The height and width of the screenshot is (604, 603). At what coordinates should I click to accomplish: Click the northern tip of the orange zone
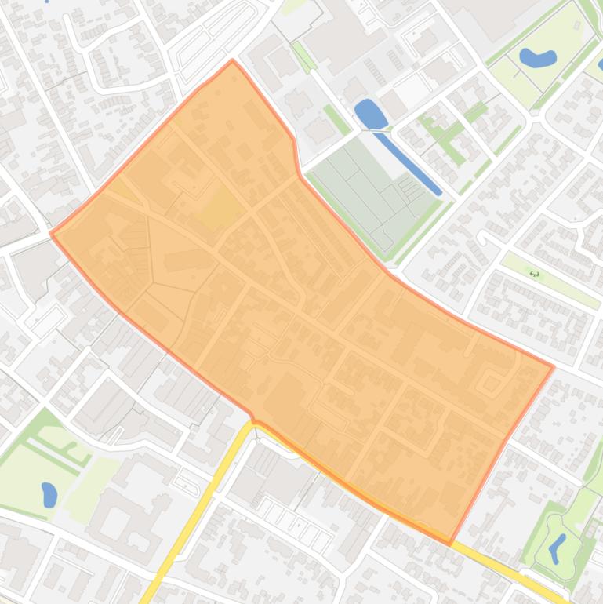[233, 60]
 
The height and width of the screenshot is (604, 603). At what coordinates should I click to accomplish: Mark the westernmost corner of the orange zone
[51, 232]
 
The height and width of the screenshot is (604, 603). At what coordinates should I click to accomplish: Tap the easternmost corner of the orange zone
[554, 366]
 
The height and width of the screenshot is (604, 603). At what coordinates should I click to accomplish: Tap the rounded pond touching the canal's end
[369, 115]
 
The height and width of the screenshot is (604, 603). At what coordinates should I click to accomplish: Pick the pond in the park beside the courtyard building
[49, 494]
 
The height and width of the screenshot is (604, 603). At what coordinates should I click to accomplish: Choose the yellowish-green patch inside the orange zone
[222, 209]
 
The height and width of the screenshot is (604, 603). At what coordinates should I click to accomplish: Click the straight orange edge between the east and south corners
[502, 453]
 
